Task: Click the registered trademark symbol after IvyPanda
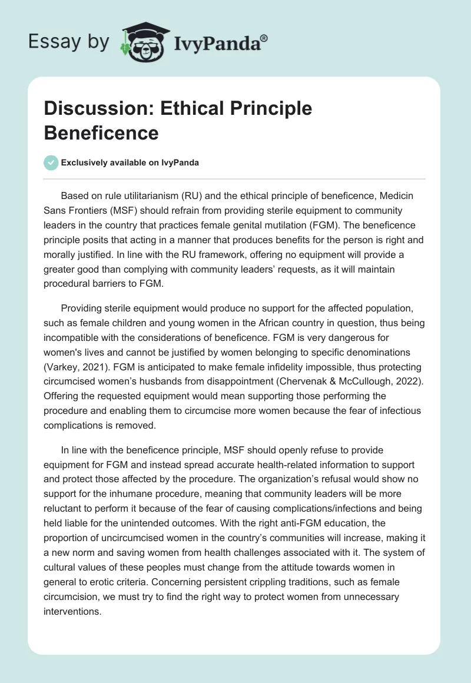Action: (x=264, y=39)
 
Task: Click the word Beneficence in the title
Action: (x=101, y=133)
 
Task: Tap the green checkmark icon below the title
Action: (x=51, y=163)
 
